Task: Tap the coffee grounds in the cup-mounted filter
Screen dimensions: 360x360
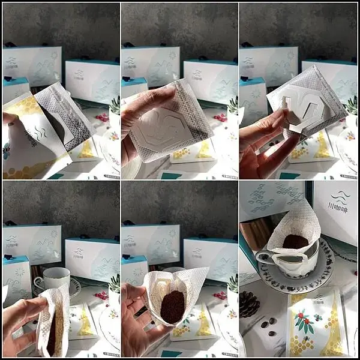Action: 295,242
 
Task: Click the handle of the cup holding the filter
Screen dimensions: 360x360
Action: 262,257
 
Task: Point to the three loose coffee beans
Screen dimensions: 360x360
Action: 268,328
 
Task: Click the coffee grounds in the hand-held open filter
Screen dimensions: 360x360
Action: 172,305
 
